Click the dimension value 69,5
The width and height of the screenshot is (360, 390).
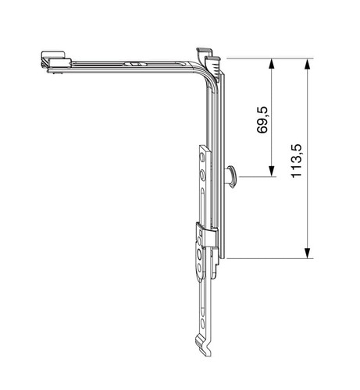tap(262, 120)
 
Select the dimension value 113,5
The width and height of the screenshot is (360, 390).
tap(297, 161)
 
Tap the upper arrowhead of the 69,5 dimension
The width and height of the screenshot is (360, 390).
tap(272, 63)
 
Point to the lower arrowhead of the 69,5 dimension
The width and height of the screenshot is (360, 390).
tap(272, 172)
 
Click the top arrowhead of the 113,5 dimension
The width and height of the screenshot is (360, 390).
tap(308, 63)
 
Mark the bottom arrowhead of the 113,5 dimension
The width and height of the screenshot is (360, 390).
tap(308, 253)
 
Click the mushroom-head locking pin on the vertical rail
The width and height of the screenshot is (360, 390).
tap(231, 176)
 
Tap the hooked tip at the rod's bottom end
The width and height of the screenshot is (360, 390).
tap(203, 346)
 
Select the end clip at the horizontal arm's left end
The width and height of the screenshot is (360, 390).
tap(55, 62)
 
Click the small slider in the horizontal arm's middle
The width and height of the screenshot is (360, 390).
tap(136, 64)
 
